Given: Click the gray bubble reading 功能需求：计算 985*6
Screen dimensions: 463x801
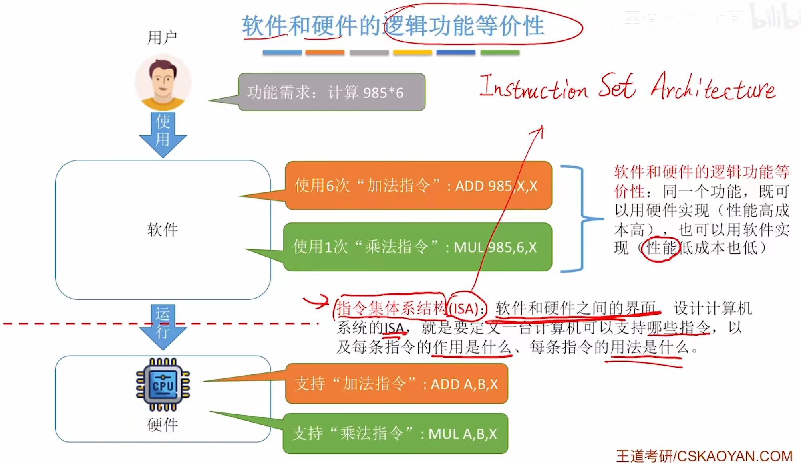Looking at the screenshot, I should (332, 92).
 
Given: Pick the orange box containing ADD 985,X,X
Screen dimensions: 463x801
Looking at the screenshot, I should (418, 186).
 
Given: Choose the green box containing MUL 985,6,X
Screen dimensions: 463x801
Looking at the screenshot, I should (417, 247).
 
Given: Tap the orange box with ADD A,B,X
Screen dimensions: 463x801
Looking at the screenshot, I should (396, 384).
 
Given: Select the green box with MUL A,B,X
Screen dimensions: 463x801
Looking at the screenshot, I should (395, 433).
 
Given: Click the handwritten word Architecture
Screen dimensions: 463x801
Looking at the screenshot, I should (713, 87).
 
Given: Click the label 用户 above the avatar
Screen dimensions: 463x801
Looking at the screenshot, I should (162, 38).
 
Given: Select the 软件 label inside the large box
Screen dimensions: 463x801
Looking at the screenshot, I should (163, 230).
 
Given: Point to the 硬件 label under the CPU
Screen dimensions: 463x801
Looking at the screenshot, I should (163, 425).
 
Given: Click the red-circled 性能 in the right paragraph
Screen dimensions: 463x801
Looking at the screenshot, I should (661, 248).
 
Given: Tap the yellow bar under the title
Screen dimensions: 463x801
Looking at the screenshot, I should (412, 52).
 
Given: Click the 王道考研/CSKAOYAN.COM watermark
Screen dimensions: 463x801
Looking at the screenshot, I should (704, 456).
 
